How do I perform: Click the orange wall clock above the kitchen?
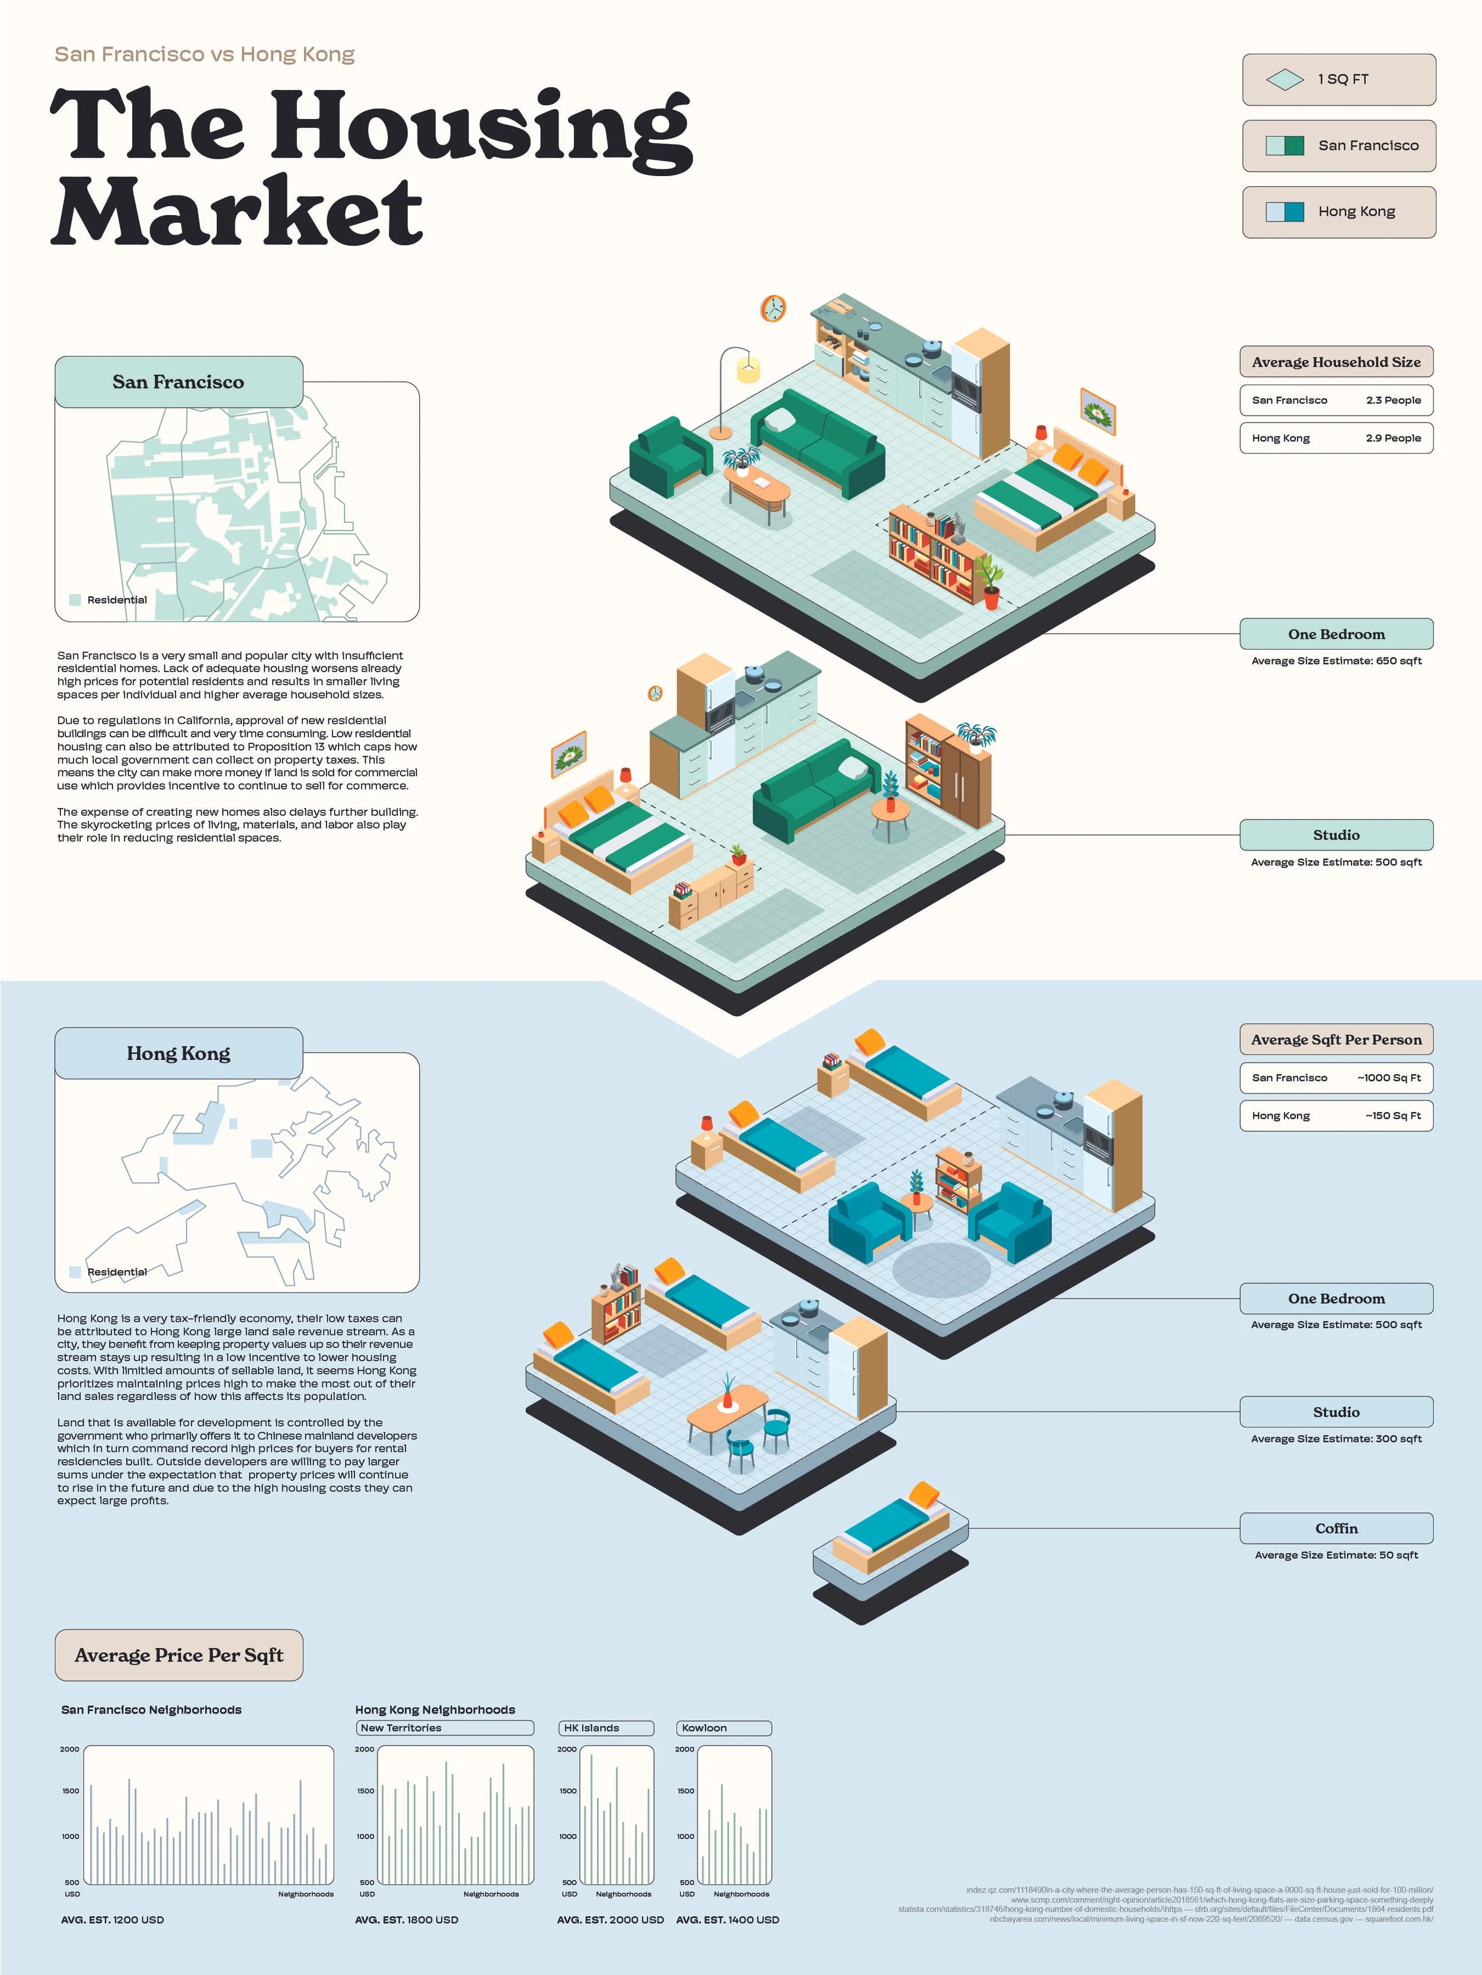click(772, 309)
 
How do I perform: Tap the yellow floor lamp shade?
click(748, 368)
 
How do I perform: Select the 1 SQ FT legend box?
click(1339, 79)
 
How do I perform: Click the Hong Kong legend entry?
click(1339, 212)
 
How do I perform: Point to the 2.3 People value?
click(1392, 400)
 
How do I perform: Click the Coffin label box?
click(1336, 1529)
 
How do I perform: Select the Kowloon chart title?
click(723, 1728)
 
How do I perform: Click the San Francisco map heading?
click(178, 382)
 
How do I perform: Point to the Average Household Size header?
click(1336, 362)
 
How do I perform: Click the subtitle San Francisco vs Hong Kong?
click(205, 55)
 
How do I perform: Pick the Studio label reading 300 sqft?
click(1336, 1412)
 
